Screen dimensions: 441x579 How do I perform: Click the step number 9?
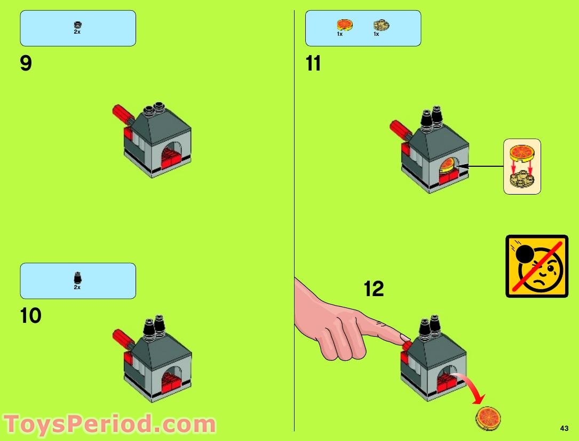click(x=26, y=64)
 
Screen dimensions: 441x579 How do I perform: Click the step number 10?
click(x=30, y=316)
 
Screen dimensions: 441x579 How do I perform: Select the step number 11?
click(x=313, y=64)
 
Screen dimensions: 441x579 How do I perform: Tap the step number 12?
click(x=374, y=289)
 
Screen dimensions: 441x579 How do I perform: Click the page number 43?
click(x=564, y=428)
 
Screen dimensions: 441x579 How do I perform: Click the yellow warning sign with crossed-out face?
click(x=536, y=266)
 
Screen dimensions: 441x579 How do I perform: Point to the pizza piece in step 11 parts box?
click(x=344, y=25)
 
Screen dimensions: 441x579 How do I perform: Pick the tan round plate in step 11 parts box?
click(x=381, y=25)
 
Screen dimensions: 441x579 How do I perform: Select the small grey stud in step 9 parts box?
click(x=77, y=24)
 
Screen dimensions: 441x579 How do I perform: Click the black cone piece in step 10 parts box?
click(x=77, y=277)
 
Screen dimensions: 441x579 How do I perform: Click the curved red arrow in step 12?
click(x=473, y=388)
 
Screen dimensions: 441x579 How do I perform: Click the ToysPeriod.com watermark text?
click(x=109, y=424)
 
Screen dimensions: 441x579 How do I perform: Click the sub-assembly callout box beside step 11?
click(x=522, y=166)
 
